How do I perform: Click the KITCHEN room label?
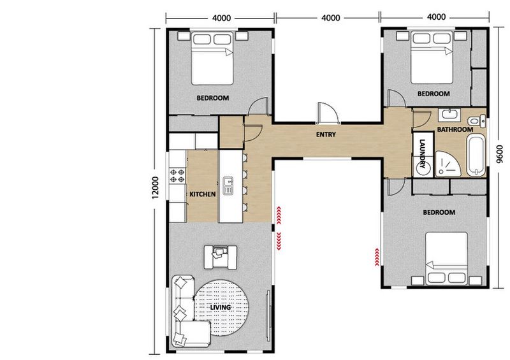click(x=202, y=194)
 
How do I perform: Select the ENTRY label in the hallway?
click(x=326, y=135)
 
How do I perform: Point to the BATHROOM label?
click(x=455, y=130)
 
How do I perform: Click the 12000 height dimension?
click(x=154, y=189)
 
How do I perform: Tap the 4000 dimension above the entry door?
click(x=330, y=18)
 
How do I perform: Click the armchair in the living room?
click(x=220, y=256)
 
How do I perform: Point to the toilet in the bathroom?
click(x=476, y=121)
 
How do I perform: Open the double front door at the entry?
click(x=326, y=113)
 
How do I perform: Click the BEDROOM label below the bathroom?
click(x=438, y=212)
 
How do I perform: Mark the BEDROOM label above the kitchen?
click(x=212, y=98)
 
